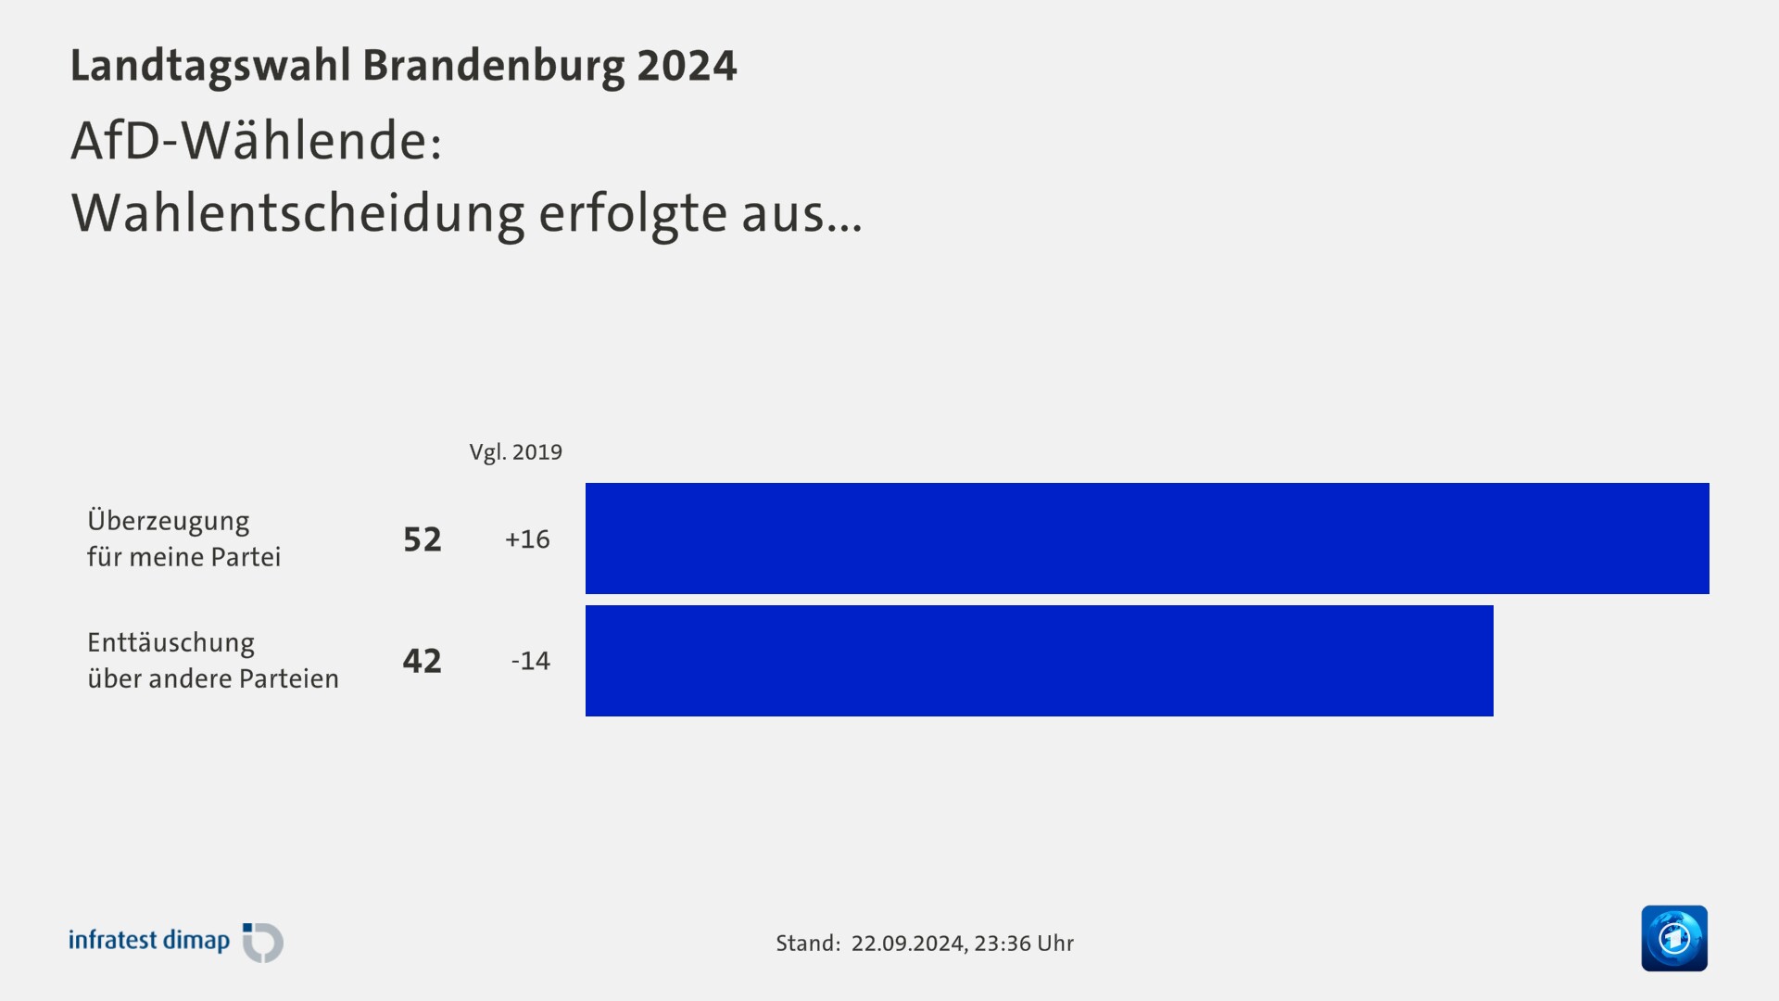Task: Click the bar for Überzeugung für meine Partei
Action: [x=1147, y=538]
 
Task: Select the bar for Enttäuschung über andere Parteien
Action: [x=1039, y=660]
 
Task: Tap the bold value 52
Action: [x=423, y=539]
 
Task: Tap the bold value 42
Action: [x=423, y=661]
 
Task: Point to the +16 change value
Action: [x=527, y=539]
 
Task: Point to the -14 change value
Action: [x=530, y=661]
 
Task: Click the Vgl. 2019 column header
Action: [x=515, y=452]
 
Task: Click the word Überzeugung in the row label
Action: [x=168, y=521]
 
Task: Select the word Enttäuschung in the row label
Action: [x=170, y=642]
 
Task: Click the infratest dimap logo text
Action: [x=149, y=941]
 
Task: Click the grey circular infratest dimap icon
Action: [x=263, y=943]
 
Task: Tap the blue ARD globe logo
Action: [x=1673, y=938]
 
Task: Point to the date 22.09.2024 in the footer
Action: [x=907, y=944]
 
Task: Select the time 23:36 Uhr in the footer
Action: [x=1024, y=944]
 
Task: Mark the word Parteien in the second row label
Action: [x=289, y=678]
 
